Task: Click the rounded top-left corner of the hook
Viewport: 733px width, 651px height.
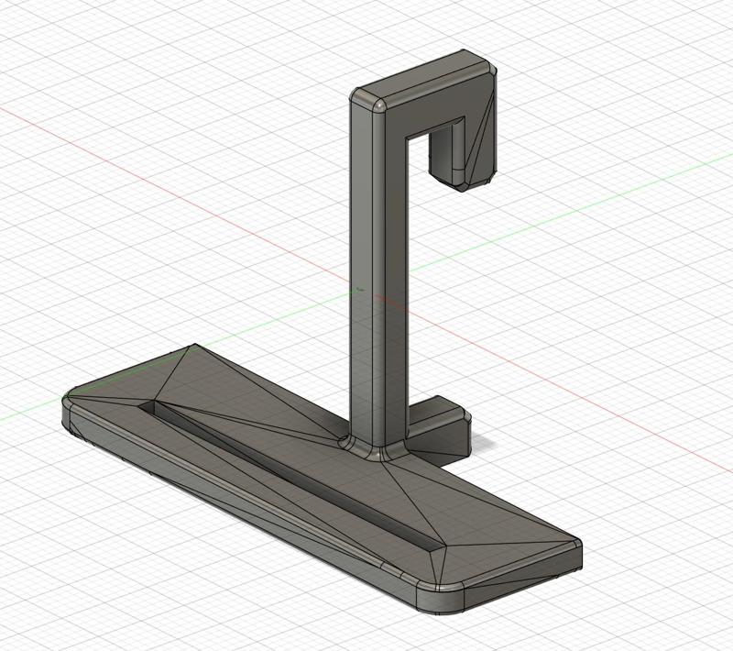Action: click(x=364, y=100)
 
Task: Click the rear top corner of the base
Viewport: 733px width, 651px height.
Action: click(x=194, y=348)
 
